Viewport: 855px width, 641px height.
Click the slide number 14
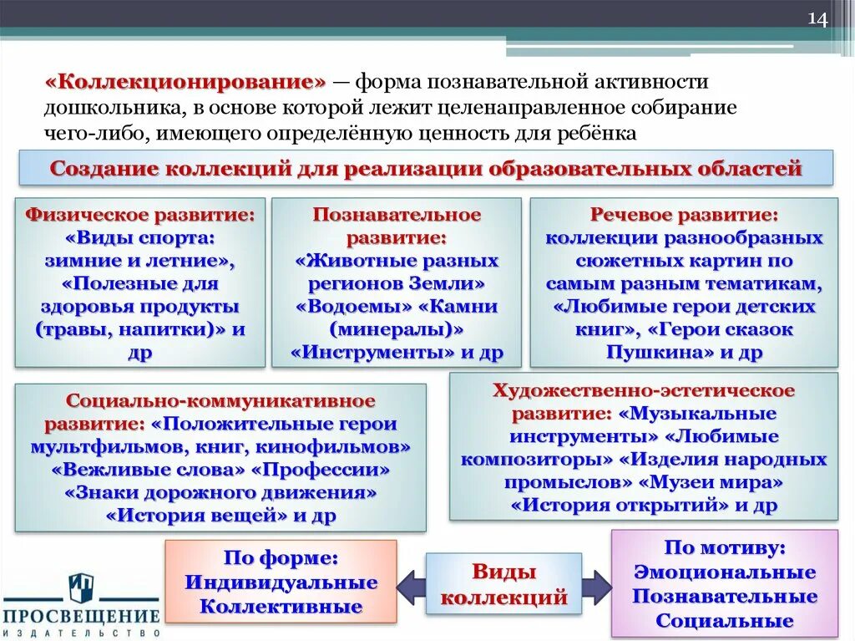[817, 21]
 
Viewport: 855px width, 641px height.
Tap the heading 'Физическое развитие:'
[140, 215]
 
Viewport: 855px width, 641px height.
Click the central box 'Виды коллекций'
[503, 585]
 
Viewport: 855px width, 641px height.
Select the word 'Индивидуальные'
[281, 582]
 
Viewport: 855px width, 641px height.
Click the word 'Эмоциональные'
[724, 572]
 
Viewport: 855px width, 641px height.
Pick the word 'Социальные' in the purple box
[724, 621]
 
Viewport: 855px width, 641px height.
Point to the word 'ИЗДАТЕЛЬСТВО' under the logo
[82, 633]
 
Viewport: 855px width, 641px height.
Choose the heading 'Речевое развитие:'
[684, 215]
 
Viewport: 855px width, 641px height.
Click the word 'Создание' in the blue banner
[104, 168]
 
